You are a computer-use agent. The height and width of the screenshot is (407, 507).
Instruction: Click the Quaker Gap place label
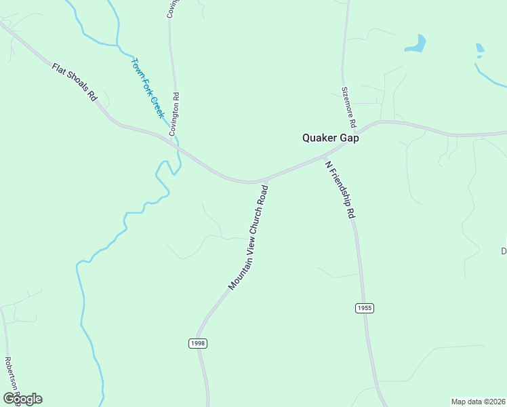click(x=330, y=138)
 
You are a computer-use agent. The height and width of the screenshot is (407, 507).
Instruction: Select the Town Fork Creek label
click(x=148, y=88)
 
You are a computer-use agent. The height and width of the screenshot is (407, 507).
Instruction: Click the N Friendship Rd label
click(x=340, y=189)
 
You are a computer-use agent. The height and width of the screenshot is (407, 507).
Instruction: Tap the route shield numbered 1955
click(x=364, y=308)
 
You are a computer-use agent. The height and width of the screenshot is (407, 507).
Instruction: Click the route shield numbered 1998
click(x=197, y=343)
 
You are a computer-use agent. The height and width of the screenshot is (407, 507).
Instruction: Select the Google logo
click(x=22, y=399)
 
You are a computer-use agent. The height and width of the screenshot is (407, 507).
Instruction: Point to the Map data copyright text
click(x=478, y=401)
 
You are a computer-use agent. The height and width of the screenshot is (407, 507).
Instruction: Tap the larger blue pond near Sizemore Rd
click(x=415, y=44)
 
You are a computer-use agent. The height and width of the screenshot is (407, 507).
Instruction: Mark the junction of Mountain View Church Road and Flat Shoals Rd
click(x=266, y=180)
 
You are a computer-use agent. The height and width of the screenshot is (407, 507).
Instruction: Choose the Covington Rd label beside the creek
click(x=176, y=114)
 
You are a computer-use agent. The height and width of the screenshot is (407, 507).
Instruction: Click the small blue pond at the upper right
click(x=480, y=48)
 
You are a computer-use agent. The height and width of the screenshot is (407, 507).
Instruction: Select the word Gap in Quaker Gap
click(x=349, y=138)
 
